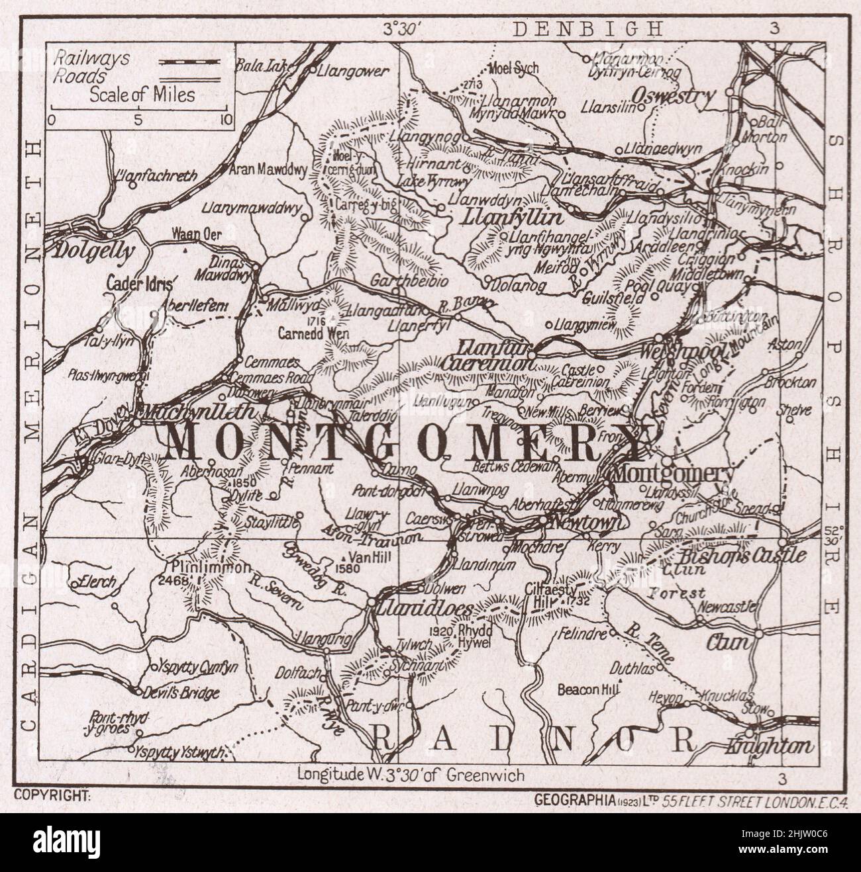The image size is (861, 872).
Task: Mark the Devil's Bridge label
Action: (x=181, y=692)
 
